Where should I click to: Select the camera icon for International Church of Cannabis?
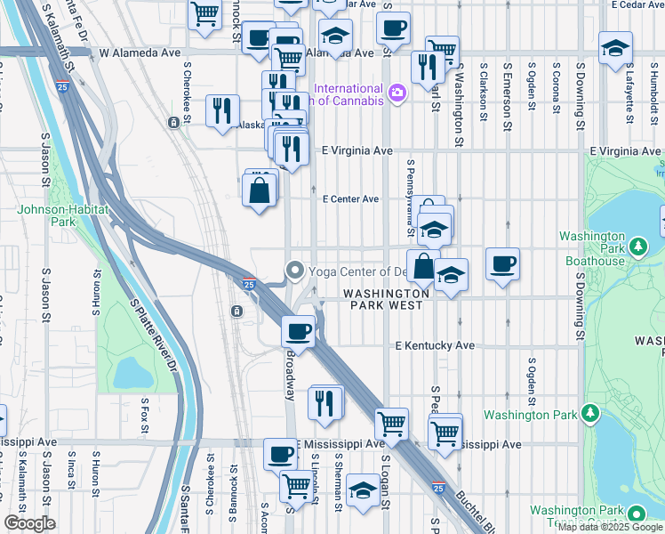pos(397,91)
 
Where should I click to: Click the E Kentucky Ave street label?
pos(436,345)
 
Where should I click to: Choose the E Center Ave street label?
pos(350,199)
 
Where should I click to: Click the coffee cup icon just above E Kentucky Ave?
pos(299,331)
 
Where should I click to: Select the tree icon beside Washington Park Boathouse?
pos(637,246)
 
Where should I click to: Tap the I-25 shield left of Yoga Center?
pos(250,284)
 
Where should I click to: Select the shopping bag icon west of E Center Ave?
pos(259,191)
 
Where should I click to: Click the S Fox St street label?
pos(144,416)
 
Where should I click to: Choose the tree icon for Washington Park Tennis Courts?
pos(637,514)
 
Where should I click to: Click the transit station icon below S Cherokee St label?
pos(172,121)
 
